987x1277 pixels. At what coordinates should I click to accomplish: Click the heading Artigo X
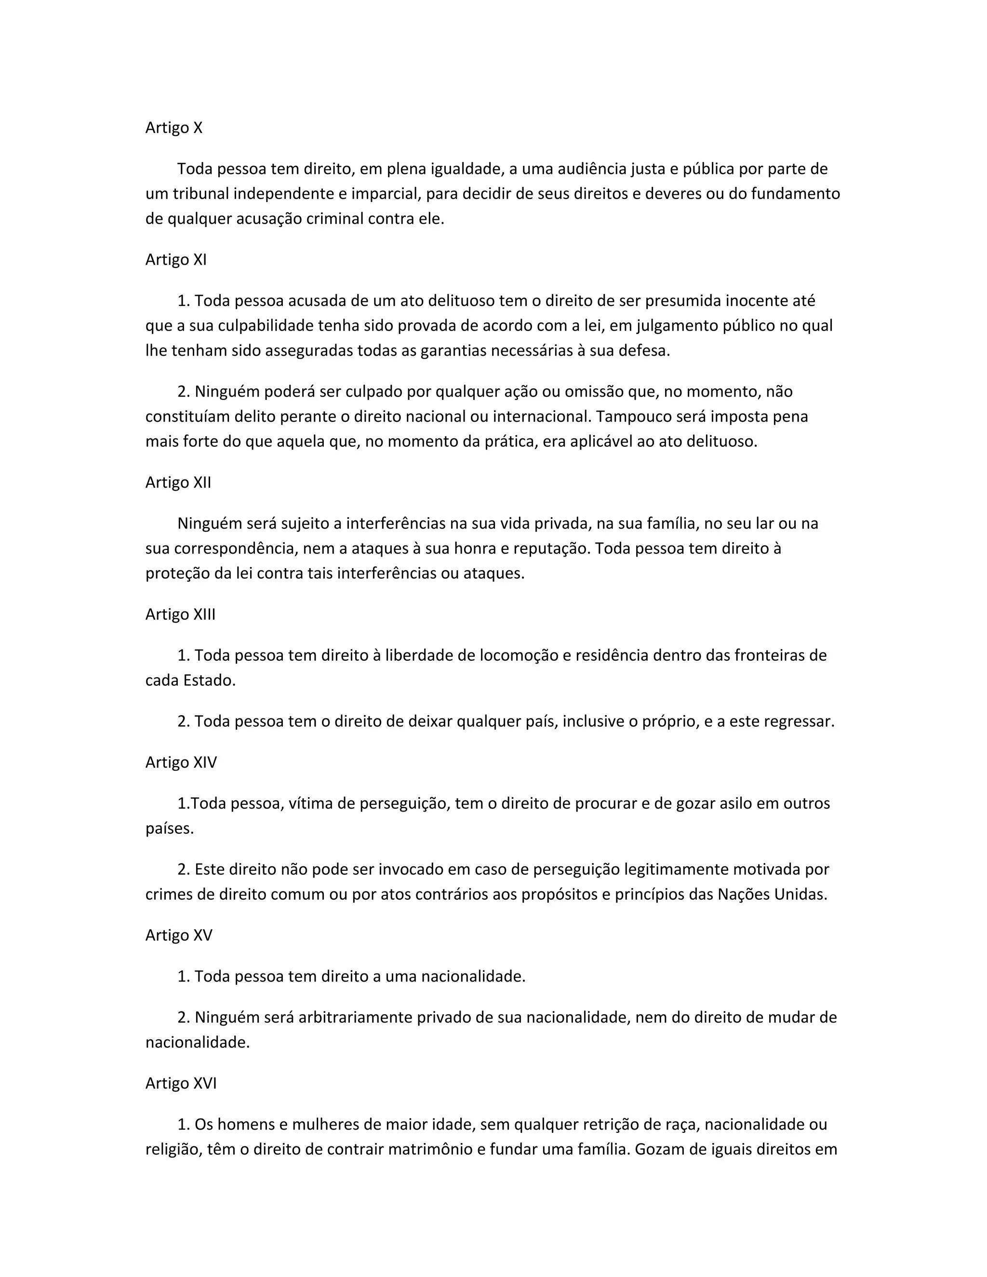[x=173, y=128]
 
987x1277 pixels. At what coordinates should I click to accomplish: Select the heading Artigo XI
[x=176, y=260]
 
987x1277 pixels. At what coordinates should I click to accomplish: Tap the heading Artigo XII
[x=178, y=482]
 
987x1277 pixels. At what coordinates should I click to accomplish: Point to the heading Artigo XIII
[x=181, y=614]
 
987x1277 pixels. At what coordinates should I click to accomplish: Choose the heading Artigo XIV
[x=181, y=762]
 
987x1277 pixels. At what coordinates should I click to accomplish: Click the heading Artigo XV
[x=179, y=935]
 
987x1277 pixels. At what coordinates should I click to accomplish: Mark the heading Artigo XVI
[x=181, y=1083]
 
